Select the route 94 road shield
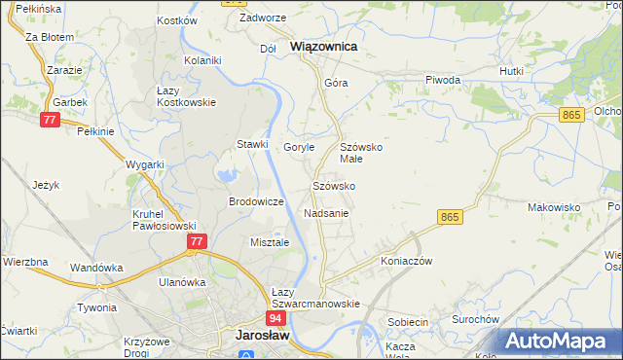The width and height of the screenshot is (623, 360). tap(275, 318)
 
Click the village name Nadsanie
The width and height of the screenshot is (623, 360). tap(326, 212)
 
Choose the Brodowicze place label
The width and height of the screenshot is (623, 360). tap(256, 201)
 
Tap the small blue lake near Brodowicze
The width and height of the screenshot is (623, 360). tap(227, 176)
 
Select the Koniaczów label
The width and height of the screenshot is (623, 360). tap(406, 261)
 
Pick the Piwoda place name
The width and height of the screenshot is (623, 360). tap(442, 80)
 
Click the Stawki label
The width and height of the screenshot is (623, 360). tap(252, 144)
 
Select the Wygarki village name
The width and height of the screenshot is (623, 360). tap(145, 164)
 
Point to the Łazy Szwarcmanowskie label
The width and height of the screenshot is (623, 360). tap(314, 298)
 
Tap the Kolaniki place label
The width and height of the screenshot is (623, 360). tap(203, 59)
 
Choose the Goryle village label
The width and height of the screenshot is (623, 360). tap(299, 147)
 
